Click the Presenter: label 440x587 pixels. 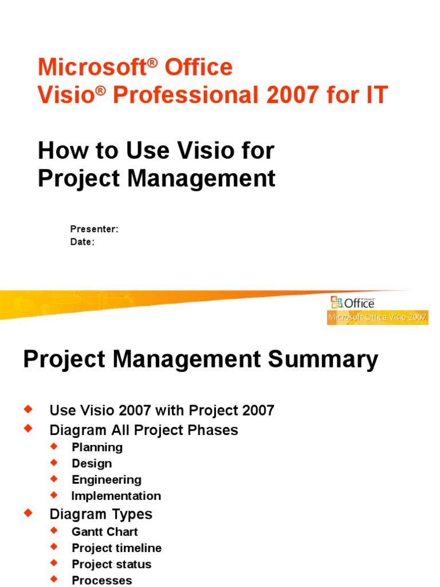coord(94,229)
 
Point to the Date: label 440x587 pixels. coord(82,242)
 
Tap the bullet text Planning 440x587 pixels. coord(97,447)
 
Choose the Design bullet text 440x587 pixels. coord(92,463)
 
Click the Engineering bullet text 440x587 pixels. coord(107,480)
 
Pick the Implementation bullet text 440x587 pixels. coord(116,496)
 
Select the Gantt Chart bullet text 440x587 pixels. coord(105,532)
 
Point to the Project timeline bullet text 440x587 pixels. coord(117,548)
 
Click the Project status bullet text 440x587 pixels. coord(112,564)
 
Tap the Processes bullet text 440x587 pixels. coord(102,580)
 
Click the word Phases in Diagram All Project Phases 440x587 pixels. coord(215,430)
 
